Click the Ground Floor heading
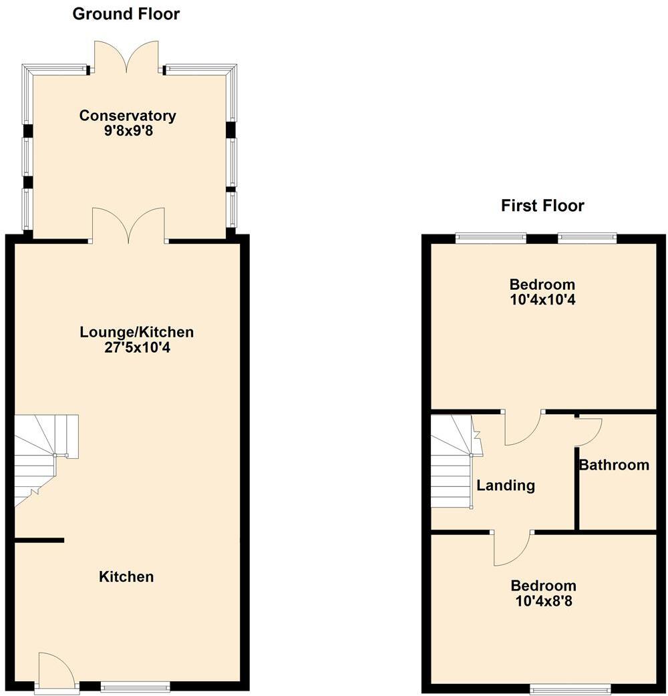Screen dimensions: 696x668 tap(126, 13)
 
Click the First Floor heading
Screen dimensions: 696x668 tap(542, 206)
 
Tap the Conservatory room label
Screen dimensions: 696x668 tap(128, 116)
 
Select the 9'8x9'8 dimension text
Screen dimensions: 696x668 tap(128, 131)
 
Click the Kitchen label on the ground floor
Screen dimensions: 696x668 tap(126, 576)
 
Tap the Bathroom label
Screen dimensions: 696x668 tap(614, 465)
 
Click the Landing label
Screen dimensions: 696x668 tap(506, 486)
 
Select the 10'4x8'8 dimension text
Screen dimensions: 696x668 tap(542, 601)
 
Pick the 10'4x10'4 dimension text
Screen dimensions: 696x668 tap(542, 300)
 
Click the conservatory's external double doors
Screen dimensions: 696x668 tap(126, 57)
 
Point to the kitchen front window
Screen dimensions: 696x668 tap(135, 686)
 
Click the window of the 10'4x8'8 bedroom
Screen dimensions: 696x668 tap(570, 687)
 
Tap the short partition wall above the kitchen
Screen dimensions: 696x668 tap(39, 540)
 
